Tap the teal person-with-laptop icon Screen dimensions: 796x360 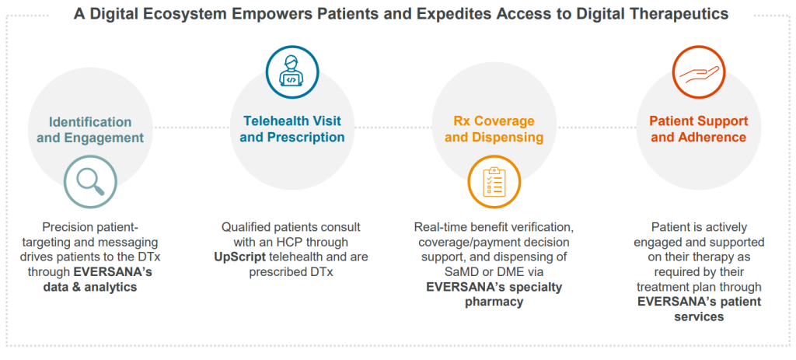(x=292, y=72)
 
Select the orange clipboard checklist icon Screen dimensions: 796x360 (x=494, y=182)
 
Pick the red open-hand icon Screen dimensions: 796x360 (x=699, y=72)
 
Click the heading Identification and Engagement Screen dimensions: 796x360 (x=90, y=130)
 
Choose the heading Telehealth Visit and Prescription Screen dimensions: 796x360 (x=292, y=129)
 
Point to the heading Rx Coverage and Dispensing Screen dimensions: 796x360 (x=494, y=129)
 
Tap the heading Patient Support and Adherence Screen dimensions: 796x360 (x=699, y=129)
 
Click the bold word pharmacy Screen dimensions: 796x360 (x=494, y=302)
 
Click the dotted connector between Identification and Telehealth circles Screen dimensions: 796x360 (x=191, y=128)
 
